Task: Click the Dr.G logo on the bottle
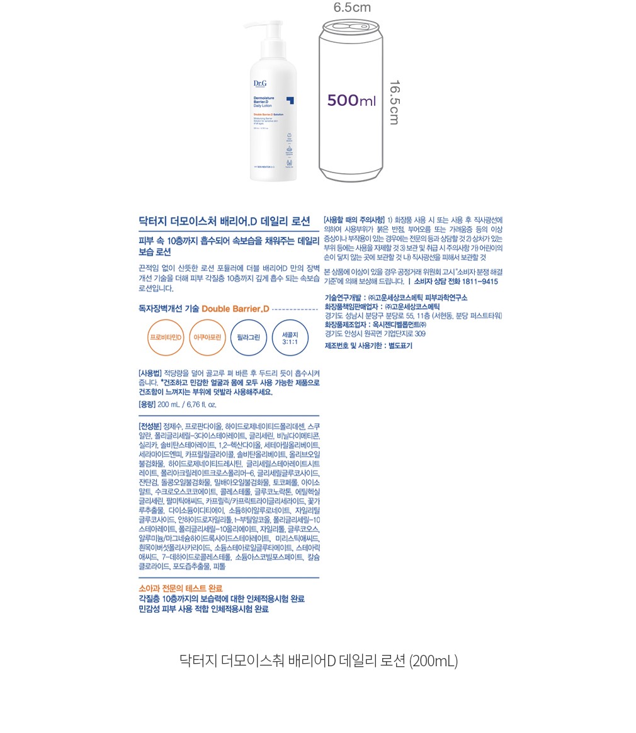[x=259, y=82]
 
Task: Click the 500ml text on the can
[x=351, y=101]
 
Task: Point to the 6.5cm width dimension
[x=352, y=8]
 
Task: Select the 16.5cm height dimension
[x=394, y=103]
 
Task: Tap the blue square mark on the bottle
[x=290, y=100]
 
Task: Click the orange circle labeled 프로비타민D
[x=166, y=338]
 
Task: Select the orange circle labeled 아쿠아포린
[x=207, y=338]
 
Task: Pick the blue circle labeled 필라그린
[x=248, y=338]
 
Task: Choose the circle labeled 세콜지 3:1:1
[x=290, y=338]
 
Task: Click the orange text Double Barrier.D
[x=236, y=309]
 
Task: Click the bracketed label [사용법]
[x=150, y=373]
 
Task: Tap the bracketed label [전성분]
[x=150, y=426]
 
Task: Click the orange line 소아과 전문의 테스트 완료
[x=180, y=588]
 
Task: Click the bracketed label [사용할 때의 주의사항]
[x=353, y=220]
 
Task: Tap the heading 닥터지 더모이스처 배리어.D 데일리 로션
[x=224, y=221]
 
